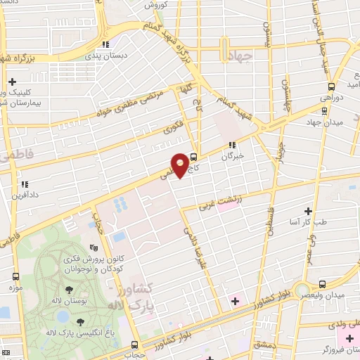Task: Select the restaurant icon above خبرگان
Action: click(231, 146)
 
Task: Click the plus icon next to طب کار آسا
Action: click(307, 211)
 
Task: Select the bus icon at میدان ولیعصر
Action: click(323, 285)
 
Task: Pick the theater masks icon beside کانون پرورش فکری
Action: click(94, 247)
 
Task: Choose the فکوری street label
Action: click(172, 127)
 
